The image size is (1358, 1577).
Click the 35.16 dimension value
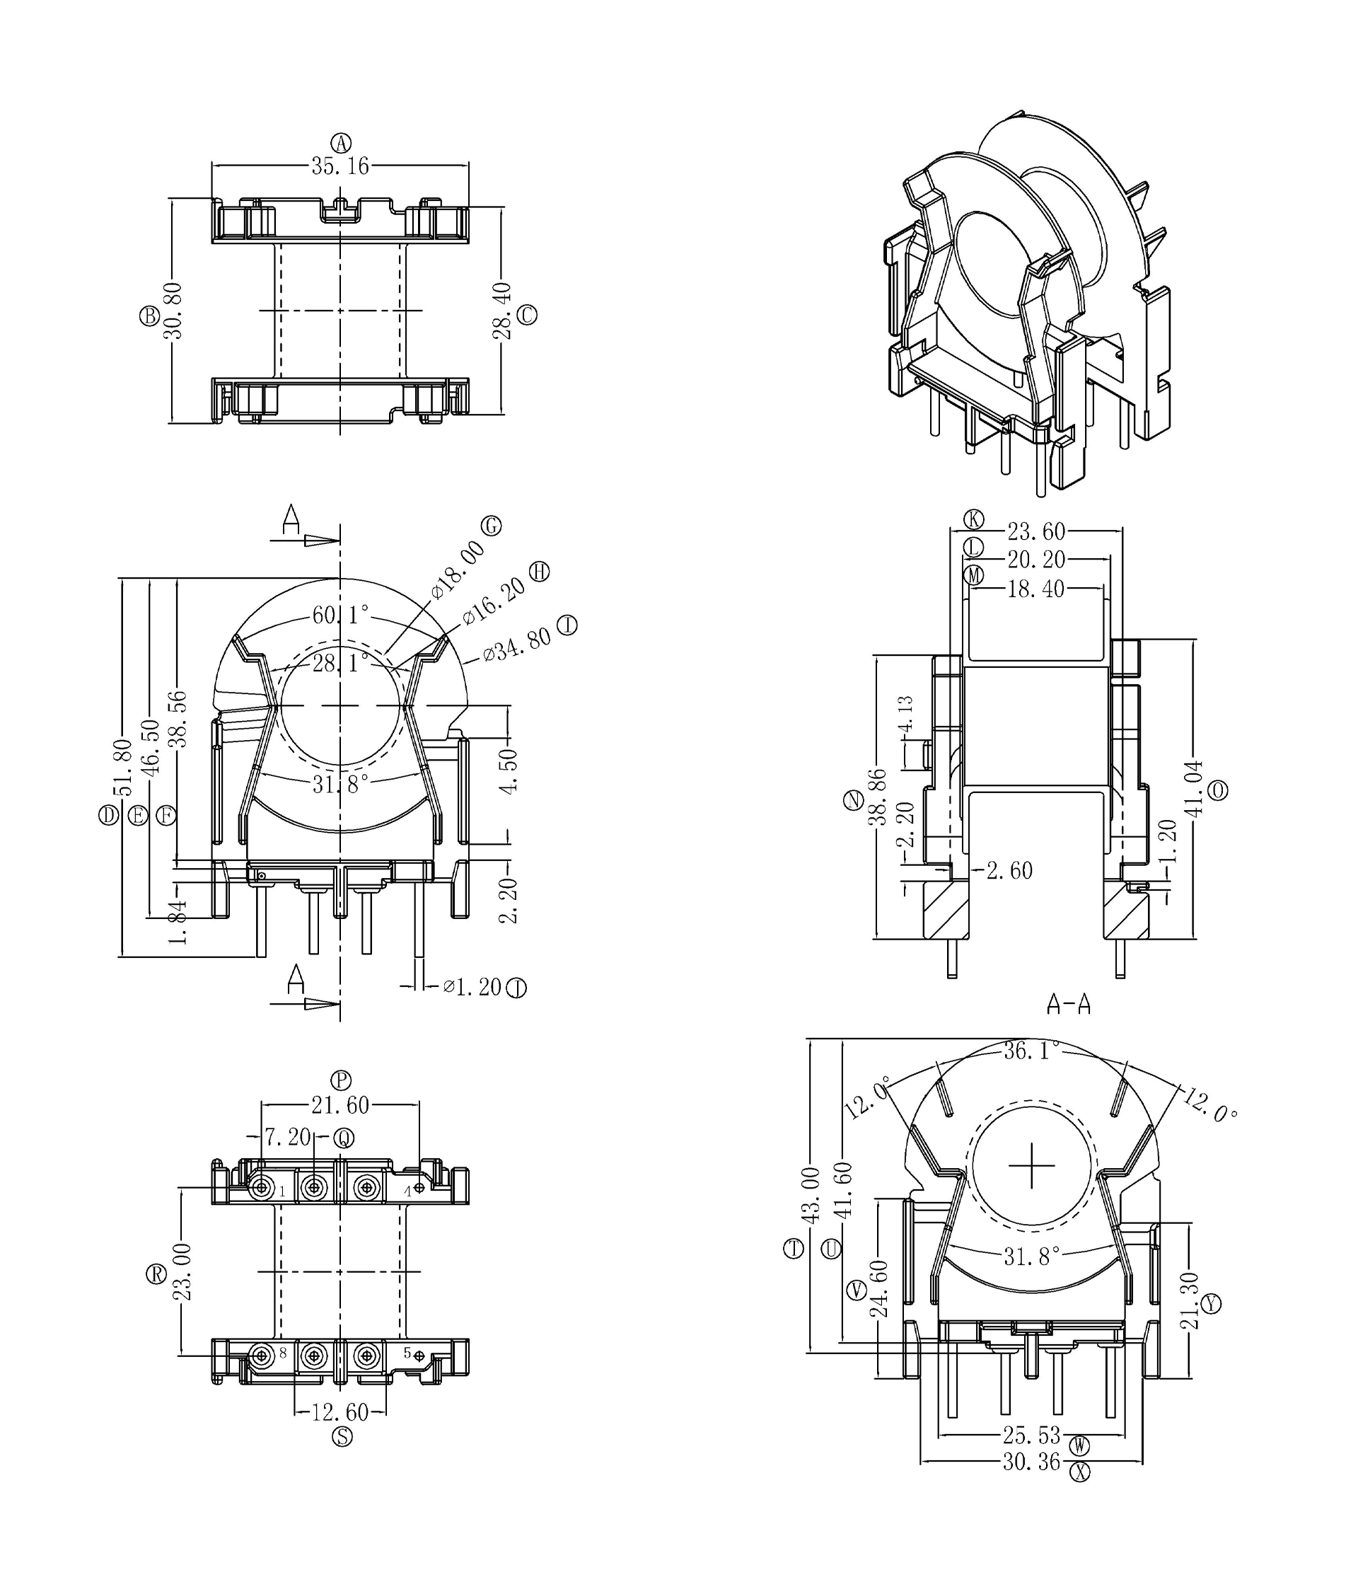tap(339, 166)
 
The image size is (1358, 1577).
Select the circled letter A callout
tap(342, 142)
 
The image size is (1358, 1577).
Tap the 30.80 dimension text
tap(173, 311)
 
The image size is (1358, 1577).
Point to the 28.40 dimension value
tap(501, 311)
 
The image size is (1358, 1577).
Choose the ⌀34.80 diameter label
tap(517, 644)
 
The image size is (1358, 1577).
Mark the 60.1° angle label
tap(340, 614)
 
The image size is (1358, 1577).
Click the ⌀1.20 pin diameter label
tap(472, 987)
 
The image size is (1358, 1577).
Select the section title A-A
tap(1068, 1005)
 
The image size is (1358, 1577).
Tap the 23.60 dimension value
tap(1036, 531)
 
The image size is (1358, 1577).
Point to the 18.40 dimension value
tap(1035, 589)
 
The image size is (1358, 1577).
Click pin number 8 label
tap(283, 1353)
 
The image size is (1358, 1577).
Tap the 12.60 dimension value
tap(340, 1412)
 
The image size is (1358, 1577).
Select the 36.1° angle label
tap(1031, 1051)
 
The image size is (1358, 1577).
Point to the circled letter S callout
tap(342, 1436)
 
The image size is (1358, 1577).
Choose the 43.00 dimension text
tap(812, 1195)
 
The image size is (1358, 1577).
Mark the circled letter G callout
tap(492, 525)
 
